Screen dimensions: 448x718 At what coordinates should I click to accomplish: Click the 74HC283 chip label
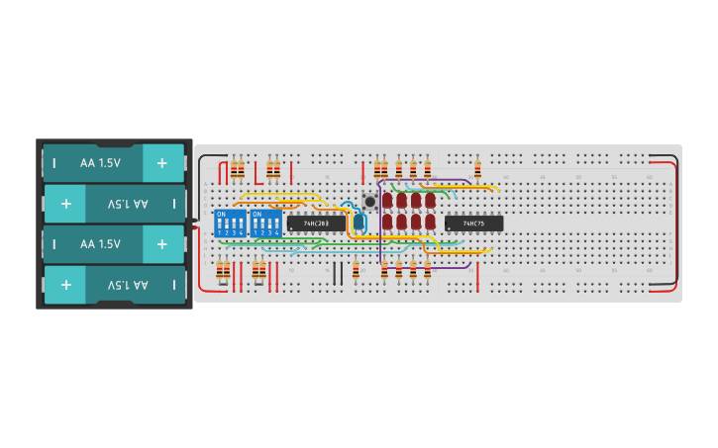pyautogui.click(x=316, y=224)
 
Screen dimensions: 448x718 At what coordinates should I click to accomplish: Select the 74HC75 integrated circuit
pyautogui.click(x=473, y=224)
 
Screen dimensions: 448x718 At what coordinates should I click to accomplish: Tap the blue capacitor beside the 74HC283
pyautogui.click(x=359, y=222)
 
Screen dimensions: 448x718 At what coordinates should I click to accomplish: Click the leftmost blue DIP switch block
pyautogui.click(x=229, y=223)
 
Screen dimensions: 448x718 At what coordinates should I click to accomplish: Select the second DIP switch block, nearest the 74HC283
pyautogui.click(x=265, y=223)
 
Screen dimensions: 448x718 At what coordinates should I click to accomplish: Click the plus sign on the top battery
pyautogui.click(x=162, y=162)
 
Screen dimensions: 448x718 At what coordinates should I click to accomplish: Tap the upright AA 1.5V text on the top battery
pyautogui.click(x=100, y=162)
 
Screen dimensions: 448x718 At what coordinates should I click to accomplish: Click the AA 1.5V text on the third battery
pyautogui.click(x=100, y=243)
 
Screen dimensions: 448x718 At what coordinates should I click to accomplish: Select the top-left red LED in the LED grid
pyautogui.click(x=387, y=200)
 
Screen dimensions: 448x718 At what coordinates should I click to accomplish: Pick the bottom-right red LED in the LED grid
pyautogui.click(x=430, y=222)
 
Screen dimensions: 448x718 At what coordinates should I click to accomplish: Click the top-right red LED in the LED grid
pyautogui.click(x=430, y=200)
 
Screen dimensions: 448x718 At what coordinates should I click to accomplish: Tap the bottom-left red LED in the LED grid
pyautogui.click(x=387, y=222)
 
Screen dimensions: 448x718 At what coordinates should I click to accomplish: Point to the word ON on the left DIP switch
pyautogui.click(x=221, y=214)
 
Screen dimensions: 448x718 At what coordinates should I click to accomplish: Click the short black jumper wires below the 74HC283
pyautogui.click(x=338, y=273)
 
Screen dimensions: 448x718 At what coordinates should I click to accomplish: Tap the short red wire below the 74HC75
pyautogui.click(x=477, y=276)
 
